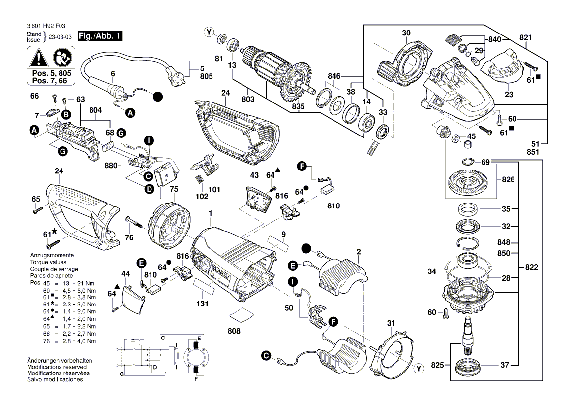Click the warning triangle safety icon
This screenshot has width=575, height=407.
point(38,59)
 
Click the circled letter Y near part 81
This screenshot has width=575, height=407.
point(210,33)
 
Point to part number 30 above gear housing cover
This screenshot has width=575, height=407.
point(406,33)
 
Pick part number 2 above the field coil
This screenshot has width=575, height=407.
point(359,252)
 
